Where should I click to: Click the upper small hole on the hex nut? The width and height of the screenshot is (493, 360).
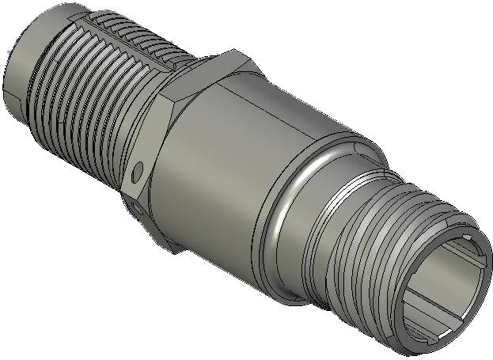point(140,169)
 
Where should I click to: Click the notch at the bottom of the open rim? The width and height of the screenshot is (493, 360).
point(428,340)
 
